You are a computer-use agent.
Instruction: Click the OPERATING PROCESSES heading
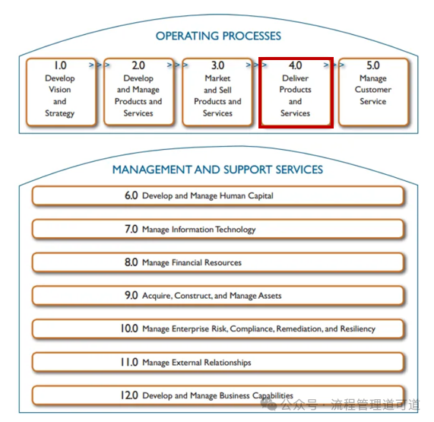click(218, 36)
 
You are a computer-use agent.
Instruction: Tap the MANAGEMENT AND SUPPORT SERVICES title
click(217, 170)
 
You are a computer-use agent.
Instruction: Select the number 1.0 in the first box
click(60, 65)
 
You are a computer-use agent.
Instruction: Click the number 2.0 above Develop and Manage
click(138, 65)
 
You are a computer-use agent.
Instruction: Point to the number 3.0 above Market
click(217, 65)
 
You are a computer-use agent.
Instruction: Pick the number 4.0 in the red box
click(296, 65)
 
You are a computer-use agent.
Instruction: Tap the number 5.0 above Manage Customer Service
click(373, 65)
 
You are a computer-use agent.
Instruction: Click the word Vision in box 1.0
click(60, 90)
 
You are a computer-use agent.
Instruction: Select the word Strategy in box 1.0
click(60, 113)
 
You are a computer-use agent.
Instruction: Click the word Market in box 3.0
click(217, 78)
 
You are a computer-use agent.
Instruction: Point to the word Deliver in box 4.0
click(296, 78)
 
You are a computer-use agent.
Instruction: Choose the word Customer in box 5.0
click(373, 90)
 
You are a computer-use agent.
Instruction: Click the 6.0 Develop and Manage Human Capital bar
click(218, 195)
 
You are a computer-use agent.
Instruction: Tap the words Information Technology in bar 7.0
click(214, 230)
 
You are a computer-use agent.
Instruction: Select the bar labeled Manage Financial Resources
click(218, 262)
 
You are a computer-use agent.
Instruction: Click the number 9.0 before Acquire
click(131, 296)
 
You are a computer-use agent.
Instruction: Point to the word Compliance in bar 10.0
click(252, 329)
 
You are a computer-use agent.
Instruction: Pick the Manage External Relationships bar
click(218, 362)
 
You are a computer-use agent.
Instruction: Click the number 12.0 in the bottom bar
click(129, 395)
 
